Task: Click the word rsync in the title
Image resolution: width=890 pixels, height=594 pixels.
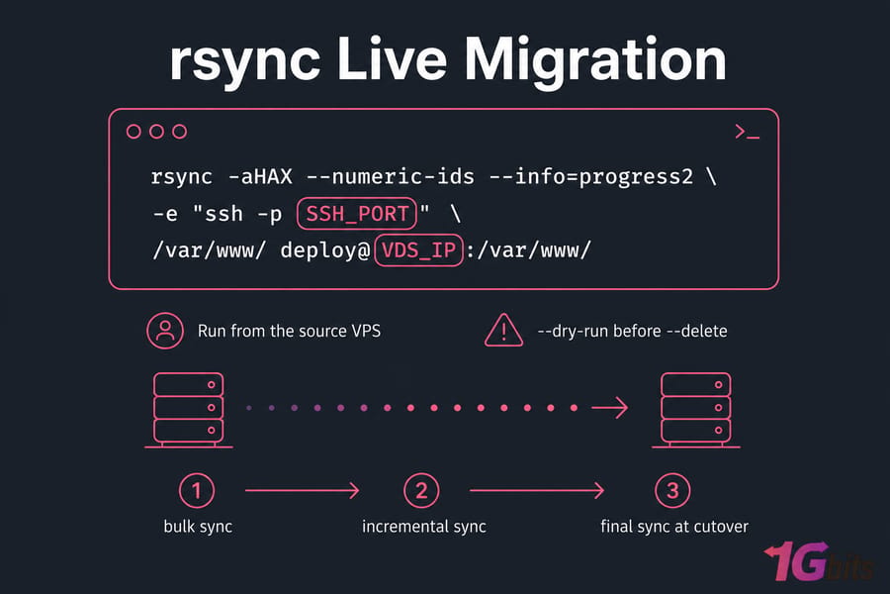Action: (244, 62)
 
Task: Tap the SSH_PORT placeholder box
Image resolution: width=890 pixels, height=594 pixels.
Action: (357, 214)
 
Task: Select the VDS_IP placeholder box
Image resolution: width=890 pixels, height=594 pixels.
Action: (419, 250)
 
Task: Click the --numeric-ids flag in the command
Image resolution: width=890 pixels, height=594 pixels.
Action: (390, 177)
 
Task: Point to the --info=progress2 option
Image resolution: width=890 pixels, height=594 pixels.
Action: (591, 178)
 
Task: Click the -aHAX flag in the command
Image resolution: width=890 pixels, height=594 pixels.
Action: (260, 177)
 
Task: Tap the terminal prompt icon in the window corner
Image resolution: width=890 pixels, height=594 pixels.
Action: (747, 132)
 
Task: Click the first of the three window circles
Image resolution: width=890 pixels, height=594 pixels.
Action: (133, 132)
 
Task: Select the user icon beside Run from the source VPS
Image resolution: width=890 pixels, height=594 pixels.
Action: (165, 331)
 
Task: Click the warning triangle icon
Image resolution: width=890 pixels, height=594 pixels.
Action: (503, 331)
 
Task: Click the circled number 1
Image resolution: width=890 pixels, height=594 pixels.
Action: (197, 491)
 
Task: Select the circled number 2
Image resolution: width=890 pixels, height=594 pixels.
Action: (421, 491)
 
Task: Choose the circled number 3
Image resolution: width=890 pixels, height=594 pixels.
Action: (672, 491)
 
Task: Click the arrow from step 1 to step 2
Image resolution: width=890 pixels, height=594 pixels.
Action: (303, 490)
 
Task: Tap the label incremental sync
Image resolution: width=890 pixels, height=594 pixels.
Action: (424, 527)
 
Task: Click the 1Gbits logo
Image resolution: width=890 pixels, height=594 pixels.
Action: (819, 561)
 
